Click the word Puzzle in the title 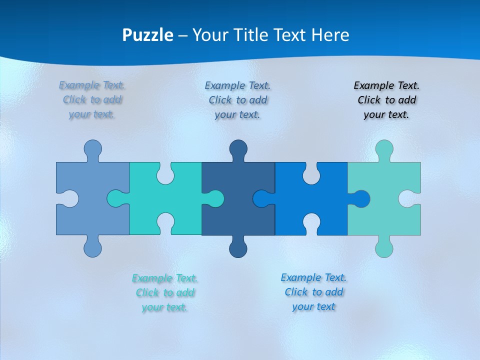click(x=148, y=35)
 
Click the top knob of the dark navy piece click(x=238, y=149)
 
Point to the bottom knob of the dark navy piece click(x=238, y=248)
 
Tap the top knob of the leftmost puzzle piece click(x=92, y=149)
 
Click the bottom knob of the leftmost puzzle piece click(x=92, y=248)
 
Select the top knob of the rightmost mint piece click(x=384, y=149)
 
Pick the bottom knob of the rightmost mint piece click(x=384, y=248)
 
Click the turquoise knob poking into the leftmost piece click(x=116, y=198)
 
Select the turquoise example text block click(x=165, y=292)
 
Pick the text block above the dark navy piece click(x=237, y=100)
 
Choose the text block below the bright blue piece click(x=313, y=292)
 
